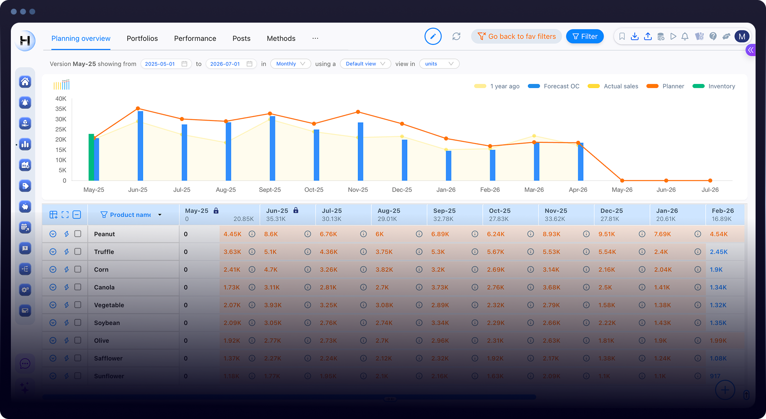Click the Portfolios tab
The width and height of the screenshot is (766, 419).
(142, 38)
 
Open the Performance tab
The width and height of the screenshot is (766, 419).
(195, 38)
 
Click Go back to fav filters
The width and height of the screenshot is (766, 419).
(517, 37)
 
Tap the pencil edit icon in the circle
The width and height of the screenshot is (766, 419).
(433, 37)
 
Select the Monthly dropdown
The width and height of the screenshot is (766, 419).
(290, 64)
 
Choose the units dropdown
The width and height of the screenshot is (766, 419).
(439, 64)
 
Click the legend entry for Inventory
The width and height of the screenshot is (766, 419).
(721, 86)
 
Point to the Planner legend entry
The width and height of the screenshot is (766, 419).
(673, 86)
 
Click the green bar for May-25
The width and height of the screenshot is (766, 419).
(91, 158)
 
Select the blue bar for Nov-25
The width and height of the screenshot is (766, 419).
(361, 151)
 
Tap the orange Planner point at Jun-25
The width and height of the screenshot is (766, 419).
(138, 108)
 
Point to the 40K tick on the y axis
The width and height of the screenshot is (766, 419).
(61, 99)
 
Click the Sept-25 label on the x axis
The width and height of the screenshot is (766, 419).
(270, 190)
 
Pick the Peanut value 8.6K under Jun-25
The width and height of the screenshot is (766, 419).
(271, 234)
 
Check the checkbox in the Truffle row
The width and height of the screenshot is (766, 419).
(78, 251)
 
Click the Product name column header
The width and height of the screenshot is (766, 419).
(130, 215)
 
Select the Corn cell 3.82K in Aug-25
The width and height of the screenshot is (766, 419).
(384, 270)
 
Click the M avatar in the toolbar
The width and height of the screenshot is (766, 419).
(742, 37)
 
